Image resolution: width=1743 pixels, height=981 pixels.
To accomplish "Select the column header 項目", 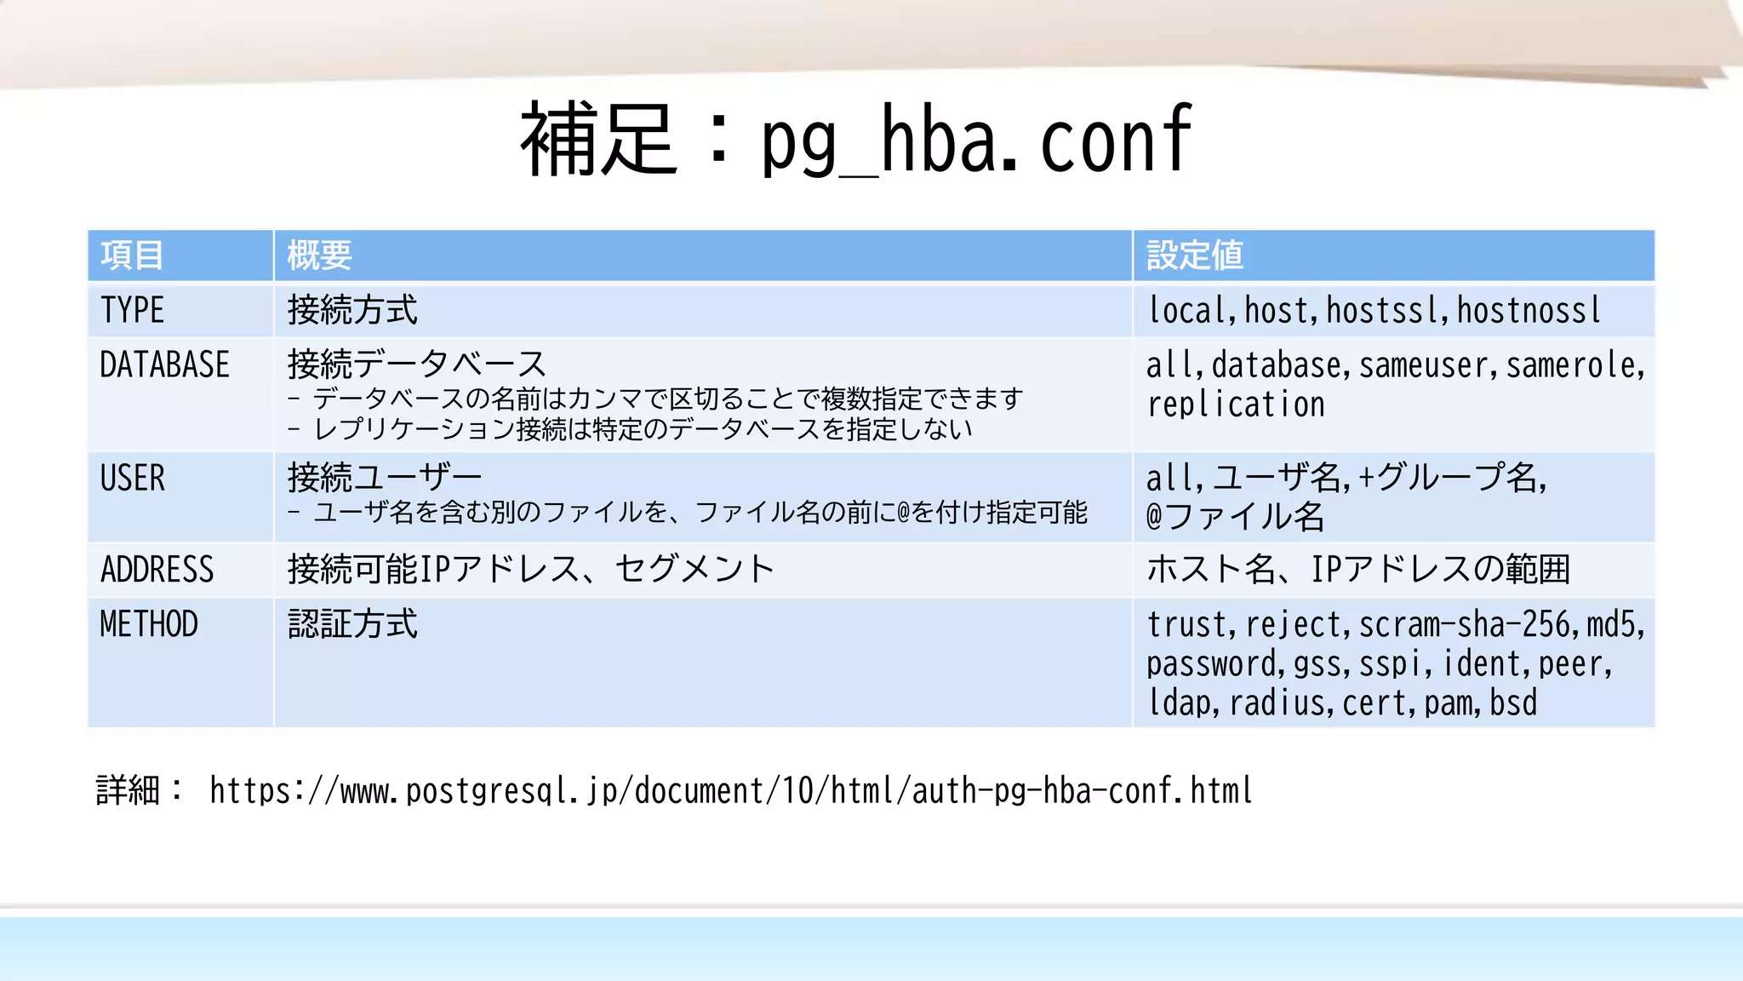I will tap(132, 255).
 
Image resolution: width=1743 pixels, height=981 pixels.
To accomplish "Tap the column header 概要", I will tap(319, 255).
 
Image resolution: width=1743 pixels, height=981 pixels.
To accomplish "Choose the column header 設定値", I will tap(1194, 255).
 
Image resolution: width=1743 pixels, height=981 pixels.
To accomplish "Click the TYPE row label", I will tap(132, 310).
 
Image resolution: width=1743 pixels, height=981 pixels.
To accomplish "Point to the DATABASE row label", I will tap(164, 365).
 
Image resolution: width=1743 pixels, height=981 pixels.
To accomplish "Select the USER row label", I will tap(132, 479).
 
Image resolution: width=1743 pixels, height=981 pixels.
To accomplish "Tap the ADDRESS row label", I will tap(157, 570).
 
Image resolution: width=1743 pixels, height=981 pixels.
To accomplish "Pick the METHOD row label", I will tap(149, 624).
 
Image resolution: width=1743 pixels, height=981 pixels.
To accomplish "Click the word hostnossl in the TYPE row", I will tap(1529, 311).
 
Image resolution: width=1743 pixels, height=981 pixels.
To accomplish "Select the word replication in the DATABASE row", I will tap(1236, 404).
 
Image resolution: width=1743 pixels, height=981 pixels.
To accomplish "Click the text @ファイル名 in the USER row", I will tap(1234, 517).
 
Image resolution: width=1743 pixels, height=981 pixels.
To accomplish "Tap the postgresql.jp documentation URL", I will tap(730, 791).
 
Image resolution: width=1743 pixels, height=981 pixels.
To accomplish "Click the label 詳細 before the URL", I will tap(128, 790).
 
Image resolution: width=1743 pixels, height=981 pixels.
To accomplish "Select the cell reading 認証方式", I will tap(352, 624).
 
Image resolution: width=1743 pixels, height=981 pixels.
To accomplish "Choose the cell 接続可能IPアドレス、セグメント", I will tap(530, 570).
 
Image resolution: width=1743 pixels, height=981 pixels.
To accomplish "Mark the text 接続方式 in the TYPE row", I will tap(352, 310).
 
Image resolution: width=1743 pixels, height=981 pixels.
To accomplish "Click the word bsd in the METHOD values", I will tap(1513, 703).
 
